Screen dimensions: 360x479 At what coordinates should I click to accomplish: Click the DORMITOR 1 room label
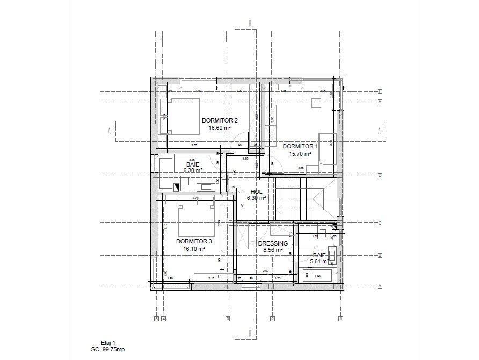tap(300, 146)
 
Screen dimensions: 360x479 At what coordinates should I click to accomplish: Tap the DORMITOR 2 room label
tap(220, 121)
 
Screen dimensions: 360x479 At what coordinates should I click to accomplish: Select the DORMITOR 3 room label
tap(194, 242)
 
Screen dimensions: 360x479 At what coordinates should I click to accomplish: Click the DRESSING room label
tap(273, 243)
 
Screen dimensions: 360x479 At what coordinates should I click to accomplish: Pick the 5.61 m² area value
tap(319, 262)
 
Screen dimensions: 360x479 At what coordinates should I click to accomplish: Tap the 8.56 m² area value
tap(273, 250)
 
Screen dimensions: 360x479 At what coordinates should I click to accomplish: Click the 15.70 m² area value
tap(300, 153)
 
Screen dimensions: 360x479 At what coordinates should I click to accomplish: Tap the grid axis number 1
tap(340, 319)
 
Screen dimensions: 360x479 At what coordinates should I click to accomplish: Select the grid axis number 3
tap(227, 319)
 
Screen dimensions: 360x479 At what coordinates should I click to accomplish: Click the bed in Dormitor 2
tap(183, 116)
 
